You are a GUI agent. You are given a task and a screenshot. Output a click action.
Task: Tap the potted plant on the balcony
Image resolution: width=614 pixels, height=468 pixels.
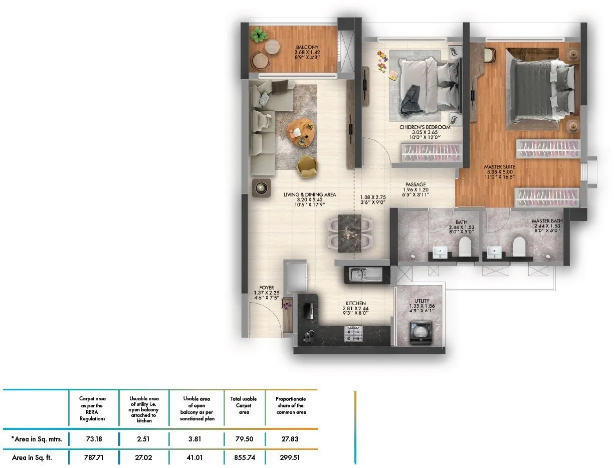(259, 35)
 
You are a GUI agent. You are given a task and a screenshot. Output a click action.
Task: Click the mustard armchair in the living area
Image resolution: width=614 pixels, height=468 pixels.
(307, 166)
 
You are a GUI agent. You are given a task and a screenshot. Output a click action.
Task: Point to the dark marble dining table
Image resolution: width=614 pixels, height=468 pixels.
(350, 231)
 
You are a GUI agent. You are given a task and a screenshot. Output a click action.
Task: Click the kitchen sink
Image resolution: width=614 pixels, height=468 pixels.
(366, 274)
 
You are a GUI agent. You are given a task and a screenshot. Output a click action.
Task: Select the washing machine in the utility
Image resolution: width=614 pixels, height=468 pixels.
(420, 333)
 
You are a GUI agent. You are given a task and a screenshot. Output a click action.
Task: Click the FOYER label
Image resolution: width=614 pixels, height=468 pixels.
(267, 288)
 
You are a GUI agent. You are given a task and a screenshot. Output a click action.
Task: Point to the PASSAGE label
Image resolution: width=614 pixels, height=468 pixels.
(416, 184)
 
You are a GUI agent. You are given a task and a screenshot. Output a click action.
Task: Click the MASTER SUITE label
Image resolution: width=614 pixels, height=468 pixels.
(499, 167)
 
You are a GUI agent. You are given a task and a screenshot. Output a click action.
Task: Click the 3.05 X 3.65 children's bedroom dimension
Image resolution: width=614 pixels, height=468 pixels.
(425, 133)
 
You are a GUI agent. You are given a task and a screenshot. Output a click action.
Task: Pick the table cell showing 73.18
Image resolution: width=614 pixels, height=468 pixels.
(94, 439)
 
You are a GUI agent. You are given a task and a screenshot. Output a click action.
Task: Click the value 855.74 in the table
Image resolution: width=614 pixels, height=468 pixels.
(244, 457)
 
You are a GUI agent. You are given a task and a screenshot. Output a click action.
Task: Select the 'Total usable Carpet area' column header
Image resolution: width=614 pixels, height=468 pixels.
(244, 405)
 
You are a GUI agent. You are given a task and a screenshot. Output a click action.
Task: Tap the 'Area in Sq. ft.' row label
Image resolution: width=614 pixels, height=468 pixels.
(32, 457)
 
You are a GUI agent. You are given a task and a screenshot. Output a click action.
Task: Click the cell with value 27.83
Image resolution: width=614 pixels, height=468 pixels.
(290, 439)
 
